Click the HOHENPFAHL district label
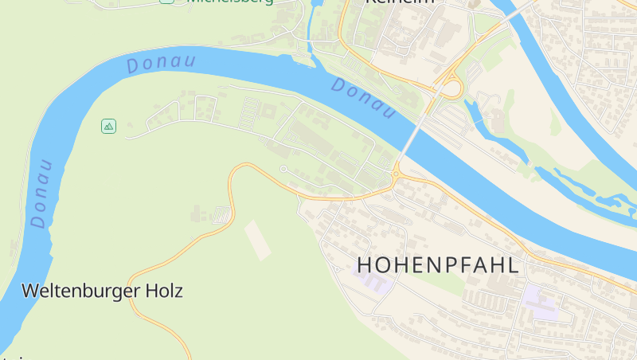click(439, 264)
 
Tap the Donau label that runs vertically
click(41, 194)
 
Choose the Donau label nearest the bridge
click(363, 99)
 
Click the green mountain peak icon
click(109, 126)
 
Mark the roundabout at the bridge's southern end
click(397, 174)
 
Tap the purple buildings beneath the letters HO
click(371, 281)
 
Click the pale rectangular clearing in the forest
click(257, 240)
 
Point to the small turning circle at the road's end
click(283, 169)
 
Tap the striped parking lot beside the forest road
click(222, 214)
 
